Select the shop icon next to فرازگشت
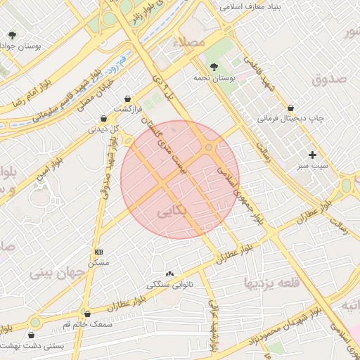127,98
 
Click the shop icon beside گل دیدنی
104,118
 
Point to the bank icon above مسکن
98,252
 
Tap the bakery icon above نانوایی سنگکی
169,274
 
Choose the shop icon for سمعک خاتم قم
88,314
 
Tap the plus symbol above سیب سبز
313,154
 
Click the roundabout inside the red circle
210,147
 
